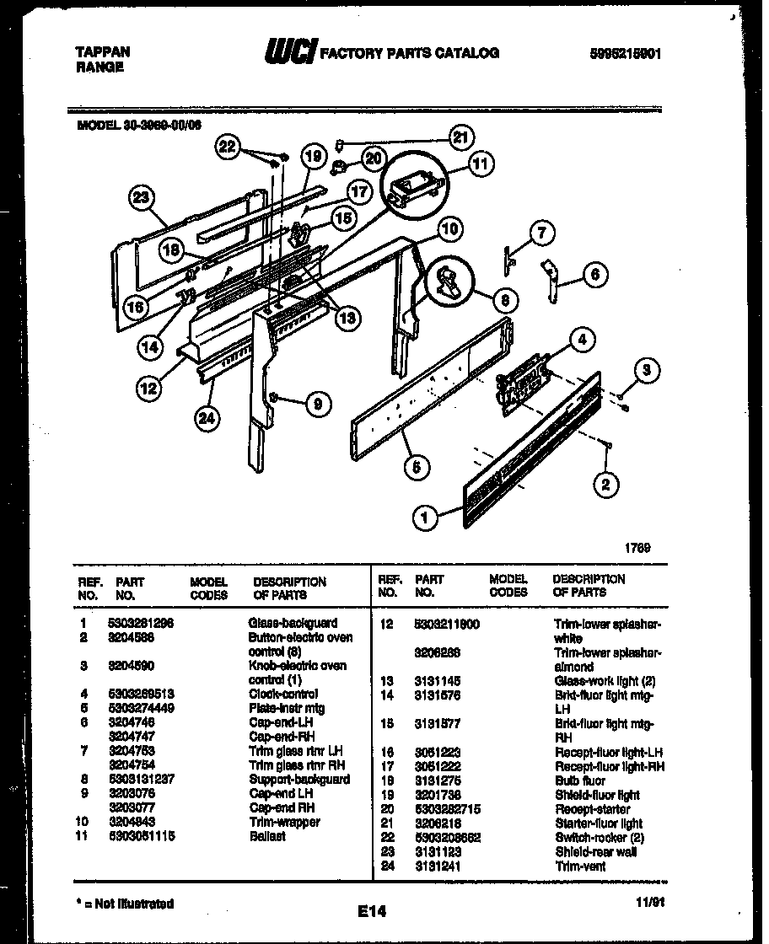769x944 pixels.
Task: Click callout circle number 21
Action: (460, 137)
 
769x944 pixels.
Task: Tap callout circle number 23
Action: (142, 199)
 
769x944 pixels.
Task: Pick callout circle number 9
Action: (316, 405)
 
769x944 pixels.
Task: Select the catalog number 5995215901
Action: (625, 53)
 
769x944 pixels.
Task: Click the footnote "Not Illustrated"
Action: (126, 903)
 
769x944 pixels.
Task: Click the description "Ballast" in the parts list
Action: (267, 836)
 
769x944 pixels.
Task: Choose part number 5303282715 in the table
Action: (449, 808)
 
